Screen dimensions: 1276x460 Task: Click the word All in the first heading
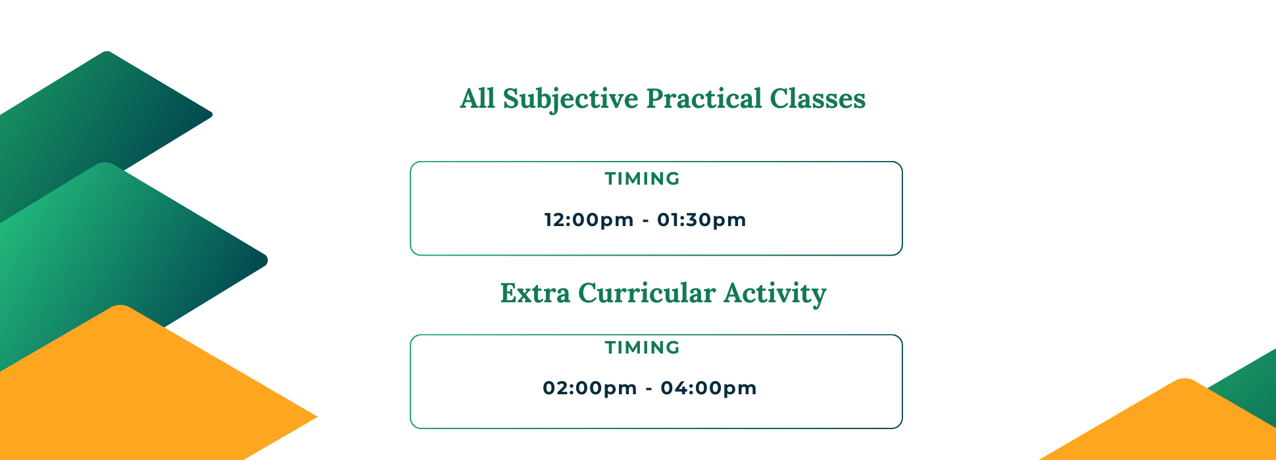(478, 99)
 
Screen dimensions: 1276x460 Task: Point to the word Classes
(818, 99)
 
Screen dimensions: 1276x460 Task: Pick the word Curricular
(647, 293)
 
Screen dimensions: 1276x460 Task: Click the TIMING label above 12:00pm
(643, 179)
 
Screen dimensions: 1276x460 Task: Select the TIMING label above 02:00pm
(643, 348)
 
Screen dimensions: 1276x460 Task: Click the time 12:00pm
(589, 219)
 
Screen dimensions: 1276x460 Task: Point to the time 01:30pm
(702, 219)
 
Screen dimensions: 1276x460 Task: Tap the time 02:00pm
(590, 388)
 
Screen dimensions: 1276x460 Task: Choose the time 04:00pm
(708, 388)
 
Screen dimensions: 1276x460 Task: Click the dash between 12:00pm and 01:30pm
(645, 221)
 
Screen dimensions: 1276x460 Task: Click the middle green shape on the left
(118, 250)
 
